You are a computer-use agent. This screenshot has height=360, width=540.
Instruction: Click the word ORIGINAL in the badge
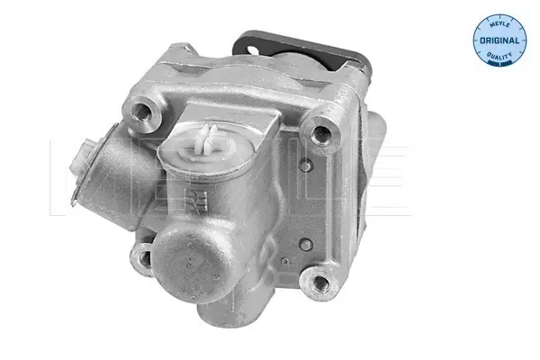click(499, 40)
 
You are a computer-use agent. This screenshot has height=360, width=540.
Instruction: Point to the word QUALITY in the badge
click(499, 56)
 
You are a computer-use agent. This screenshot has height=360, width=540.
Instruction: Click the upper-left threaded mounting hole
click(141, 111)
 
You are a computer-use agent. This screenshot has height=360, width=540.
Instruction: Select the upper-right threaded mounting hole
click(321, 134)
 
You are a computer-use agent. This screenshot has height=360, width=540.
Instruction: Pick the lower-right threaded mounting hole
click(320, 283)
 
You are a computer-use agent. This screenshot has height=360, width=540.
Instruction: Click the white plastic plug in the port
click(206, 142)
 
